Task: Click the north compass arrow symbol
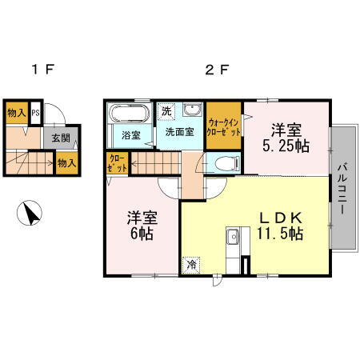point(30,214)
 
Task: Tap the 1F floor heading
point(42,70)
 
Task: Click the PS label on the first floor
point(35,112)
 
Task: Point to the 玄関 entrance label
point(61,138)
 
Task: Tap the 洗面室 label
point(179,133)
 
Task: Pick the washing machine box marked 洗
point(165,111)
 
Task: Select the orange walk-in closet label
point(224,126)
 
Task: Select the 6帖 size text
point(142,234)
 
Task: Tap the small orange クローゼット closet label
point(116,163)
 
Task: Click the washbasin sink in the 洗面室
point(193,110)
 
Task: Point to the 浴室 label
point(130,134)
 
